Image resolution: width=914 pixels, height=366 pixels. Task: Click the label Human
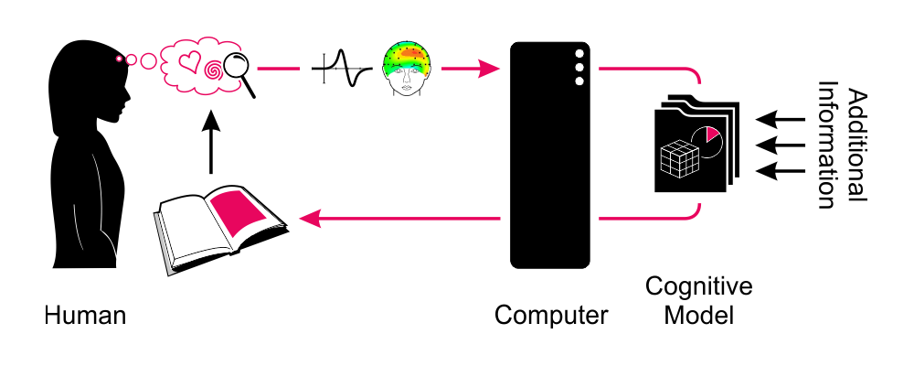pyautogui.click(x=85, y=317)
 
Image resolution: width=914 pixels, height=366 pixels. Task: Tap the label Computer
pyautogui.click(x=551, y=317)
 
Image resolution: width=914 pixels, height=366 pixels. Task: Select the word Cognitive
pyautogui.click(x=698, y=287)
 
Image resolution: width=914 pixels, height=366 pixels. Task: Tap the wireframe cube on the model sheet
pyautogui.click(x=680, y=161)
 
